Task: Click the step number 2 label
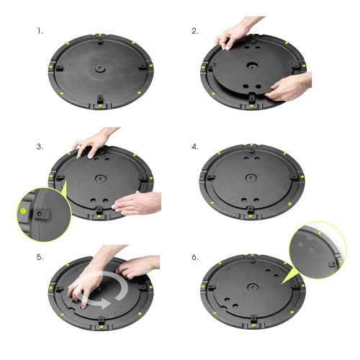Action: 194,32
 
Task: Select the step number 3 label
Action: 40,146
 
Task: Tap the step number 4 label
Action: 195,146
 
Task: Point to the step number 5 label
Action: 40,257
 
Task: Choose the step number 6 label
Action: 195,257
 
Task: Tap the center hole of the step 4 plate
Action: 250,178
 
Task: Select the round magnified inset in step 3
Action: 43,214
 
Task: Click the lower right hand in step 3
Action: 139,204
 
